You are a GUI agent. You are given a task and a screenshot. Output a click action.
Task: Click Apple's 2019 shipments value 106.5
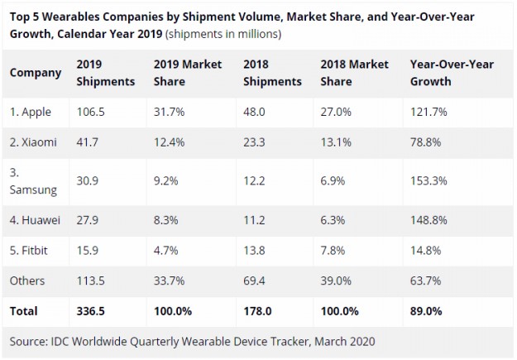[x=91, y=110]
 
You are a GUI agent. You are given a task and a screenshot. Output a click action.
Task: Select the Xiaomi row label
[x=34, y=142]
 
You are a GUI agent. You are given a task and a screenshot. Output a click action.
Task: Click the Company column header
[x=36, y=73]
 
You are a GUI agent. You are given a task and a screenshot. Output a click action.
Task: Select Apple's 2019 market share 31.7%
[x=170, y=110]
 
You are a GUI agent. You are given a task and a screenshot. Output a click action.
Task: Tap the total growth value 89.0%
[x=428, y=313]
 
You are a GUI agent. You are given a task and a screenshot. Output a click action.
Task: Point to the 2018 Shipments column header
[x=273, y=73]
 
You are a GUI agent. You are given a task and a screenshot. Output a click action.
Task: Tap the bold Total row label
[x=25, y=313]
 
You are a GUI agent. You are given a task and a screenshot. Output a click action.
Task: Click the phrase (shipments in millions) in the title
[x=224, y=34]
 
